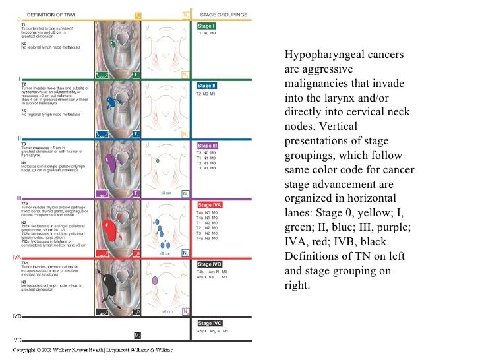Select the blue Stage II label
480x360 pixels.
pyautogui.click(x=206, y=86)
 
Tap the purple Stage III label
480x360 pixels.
pyautogui.click(x=206, y=146)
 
